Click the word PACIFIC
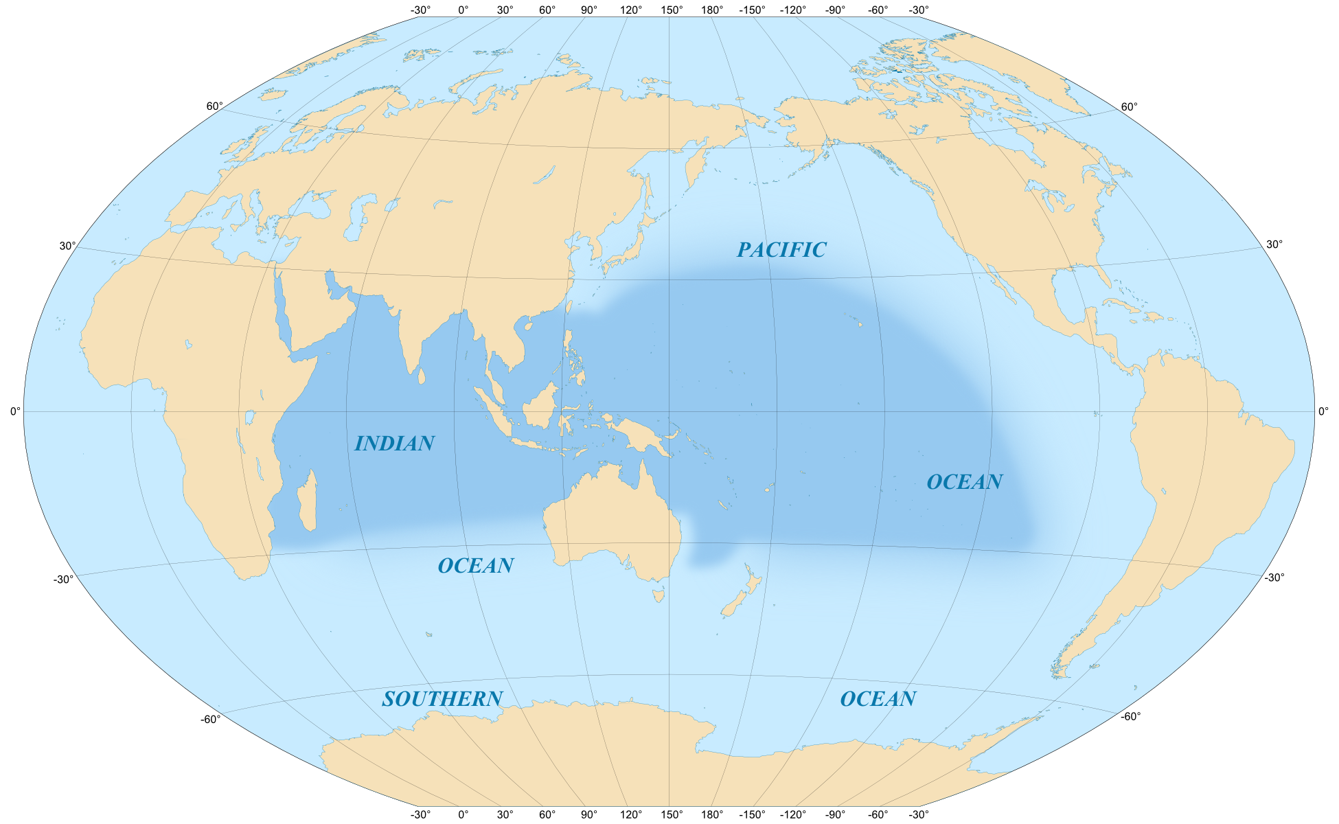point(781,250)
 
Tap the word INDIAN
point(394,444)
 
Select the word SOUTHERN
point(442,699)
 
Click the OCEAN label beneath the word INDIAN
point(475,566)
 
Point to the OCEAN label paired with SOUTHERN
point(878,699)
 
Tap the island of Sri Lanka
point(421,376)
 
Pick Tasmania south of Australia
point(659,593)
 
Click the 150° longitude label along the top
point(672,10)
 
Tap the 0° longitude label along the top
point(463,10)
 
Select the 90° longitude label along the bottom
point(588,815)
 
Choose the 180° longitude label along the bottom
point(712,815)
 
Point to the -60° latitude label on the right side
point(1130,716)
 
